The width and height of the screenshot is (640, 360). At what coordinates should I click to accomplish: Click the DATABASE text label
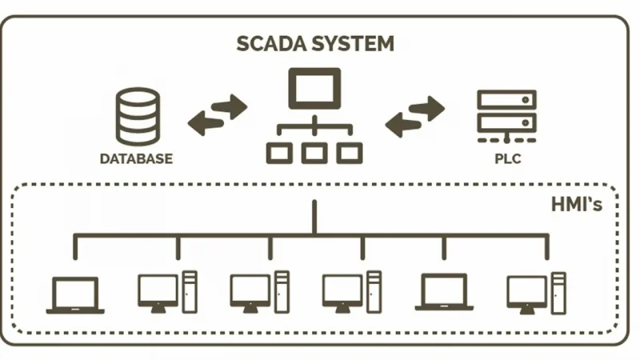pyautogui.click(x=136, y=158)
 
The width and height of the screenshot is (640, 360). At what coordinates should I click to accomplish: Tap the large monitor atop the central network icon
pyautogui.click(x=314, y=87)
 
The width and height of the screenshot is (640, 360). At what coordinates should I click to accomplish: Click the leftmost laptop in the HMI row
pyautogui.click(x=75, y=294)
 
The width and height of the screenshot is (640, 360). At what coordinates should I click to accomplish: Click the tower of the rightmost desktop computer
pyautogui.click(x=558, y=292)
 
